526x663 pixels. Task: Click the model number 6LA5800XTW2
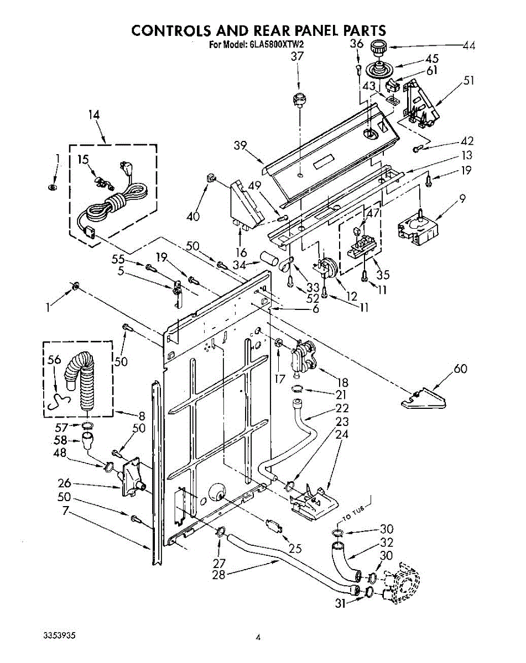(275, 45)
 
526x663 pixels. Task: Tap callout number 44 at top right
(468, 46)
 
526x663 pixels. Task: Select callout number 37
(297, 56)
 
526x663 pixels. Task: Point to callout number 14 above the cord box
(94, 115)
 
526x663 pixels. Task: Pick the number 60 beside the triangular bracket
(460, 369)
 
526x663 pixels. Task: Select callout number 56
(54, 360)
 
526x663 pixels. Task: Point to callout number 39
(240, 145)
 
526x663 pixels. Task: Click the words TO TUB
(353, 513)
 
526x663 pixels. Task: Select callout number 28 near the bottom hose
(218, 575)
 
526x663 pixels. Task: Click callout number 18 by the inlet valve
(342, 382)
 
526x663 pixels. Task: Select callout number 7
(65, 511)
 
